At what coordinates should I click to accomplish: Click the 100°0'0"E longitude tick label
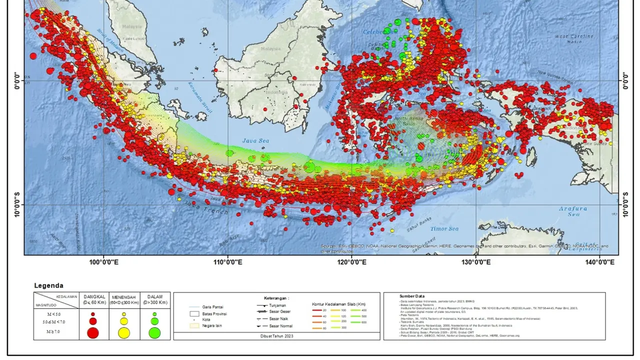[103, 261]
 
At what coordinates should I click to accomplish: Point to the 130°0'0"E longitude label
[475, 261]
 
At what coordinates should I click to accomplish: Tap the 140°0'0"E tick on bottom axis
[599, 261]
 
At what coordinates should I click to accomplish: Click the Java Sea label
[255, 141]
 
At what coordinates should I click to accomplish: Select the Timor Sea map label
[445, 229]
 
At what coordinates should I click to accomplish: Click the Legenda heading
[48, 285]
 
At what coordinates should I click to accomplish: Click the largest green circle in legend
[154, 332]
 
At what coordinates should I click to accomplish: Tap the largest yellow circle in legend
[124, 332]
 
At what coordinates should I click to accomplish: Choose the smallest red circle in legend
[93, 314]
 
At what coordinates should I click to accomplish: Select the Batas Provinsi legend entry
[215, 313]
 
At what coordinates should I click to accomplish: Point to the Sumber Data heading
[411, 296]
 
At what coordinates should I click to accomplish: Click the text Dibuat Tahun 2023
[277, 336]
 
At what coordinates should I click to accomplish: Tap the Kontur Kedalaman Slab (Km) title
[339, 303]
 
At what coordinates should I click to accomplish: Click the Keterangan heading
[276, 298]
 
